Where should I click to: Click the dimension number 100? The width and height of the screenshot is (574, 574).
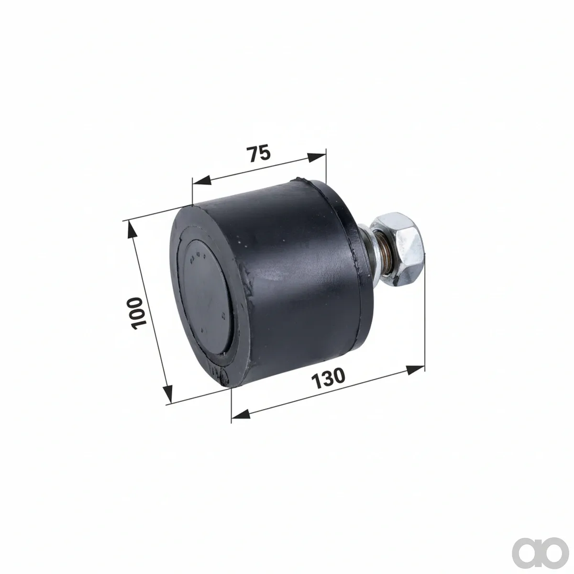click(x=138, y=313)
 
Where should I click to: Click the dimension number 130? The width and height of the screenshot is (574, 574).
click(x=328, y=378)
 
